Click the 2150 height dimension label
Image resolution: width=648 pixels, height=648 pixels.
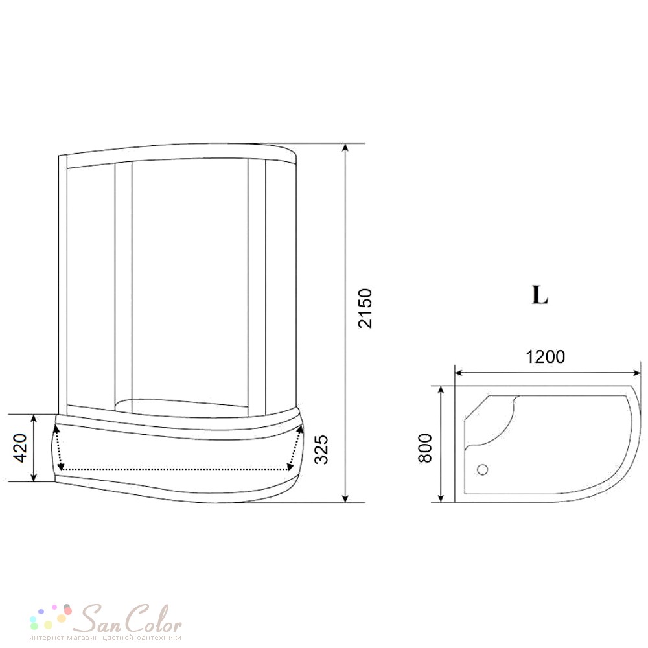(365, 308)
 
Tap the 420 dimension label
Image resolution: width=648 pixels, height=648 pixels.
(19, 448)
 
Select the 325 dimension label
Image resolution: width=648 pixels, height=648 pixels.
(321, 449)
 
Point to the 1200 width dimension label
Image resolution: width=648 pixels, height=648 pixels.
(545, 356)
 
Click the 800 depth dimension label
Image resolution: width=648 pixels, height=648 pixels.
(425, 448)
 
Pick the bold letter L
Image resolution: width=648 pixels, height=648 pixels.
(540, 295)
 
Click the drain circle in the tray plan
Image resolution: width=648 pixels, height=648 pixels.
(483, 469)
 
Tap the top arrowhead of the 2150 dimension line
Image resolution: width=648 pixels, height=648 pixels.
(345, 148)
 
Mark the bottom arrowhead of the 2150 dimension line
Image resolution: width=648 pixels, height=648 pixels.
(345, 498)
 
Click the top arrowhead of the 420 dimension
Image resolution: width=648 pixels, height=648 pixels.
(34, 419)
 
